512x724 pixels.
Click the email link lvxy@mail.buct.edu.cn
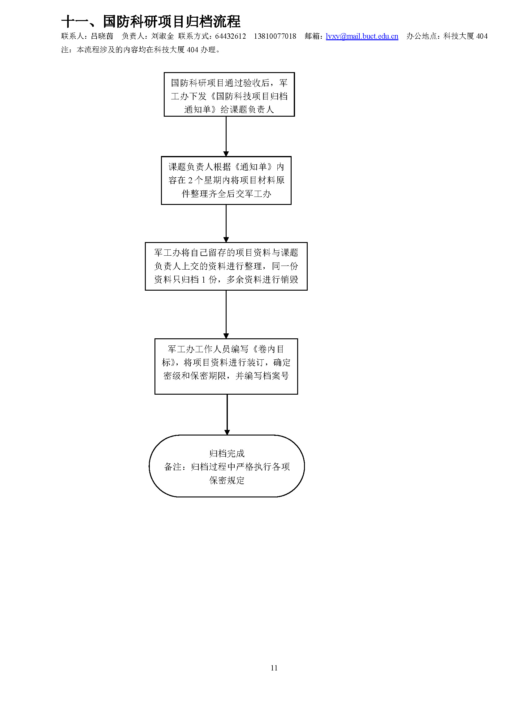(x=362, y=36)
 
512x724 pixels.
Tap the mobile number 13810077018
(x=275, y=36)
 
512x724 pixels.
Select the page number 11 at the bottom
(x=274, y=668)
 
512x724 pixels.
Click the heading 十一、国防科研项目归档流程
(x=151, y=21)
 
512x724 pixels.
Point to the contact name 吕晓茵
(x=102, y=36)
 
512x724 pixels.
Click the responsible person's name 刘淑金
(x=163, y=36)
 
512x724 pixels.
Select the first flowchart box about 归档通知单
(x=229, y=95)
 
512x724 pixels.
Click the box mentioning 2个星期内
(x=226, y=180)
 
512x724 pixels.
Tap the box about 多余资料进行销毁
(x=226, y=266)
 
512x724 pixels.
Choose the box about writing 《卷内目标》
(x=226, y=366)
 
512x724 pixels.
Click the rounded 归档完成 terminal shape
(x=227, y=466)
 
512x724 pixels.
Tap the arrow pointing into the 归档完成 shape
(x=227, y=414)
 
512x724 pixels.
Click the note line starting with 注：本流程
(x=141, y=50)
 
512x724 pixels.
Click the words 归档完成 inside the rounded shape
(x=227, y=453)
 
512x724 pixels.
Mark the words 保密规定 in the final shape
(x=227, y=480)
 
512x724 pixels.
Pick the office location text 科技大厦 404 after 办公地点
(x=465, y=36)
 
